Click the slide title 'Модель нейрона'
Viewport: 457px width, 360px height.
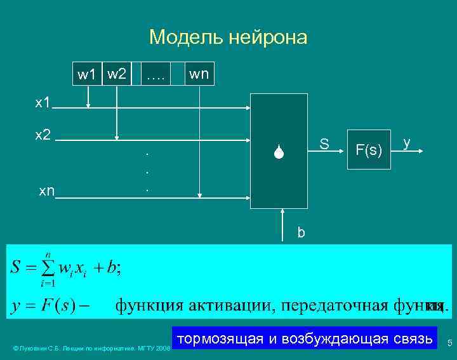click(228, 37)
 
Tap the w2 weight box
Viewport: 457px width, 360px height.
click(116, 75)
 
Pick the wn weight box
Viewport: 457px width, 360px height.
click(199, 75)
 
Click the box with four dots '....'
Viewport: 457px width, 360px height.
click(155, 75)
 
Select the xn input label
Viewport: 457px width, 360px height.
click(46, 190)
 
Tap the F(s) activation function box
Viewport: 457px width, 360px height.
click(368, 150)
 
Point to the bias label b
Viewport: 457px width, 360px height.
click(301, 232)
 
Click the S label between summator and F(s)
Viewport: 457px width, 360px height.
click(324, 144)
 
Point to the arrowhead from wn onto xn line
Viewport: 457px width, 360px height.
click(199, 194)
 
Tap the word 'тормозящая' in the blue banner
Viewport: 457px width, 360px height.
click(219, 338)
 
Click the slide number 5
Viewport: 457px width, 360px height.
click(449, 343)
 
